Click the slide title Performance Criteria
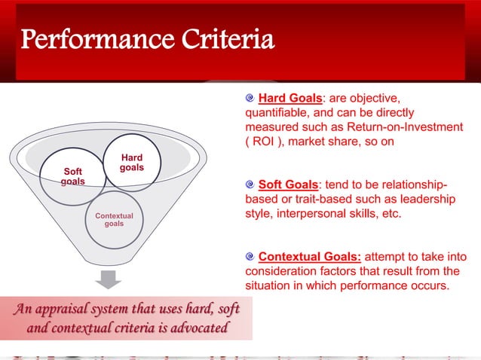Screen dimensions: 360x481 click(x=147, y=40)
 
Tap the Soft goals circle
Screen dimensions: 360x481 click(x=72, y=178)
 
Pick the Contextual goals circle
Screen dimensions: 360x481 click(x=114, y=220)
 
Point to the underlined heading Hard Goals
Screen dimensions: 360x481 click(x=290, y=98)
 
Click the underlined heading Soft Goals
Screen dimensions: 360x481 click(x=287, y=185)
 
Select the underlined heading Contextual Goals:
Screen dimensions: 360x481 click(x=308, y=258)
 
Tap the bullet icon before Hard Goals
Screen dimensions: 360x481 click(x=251, y=98)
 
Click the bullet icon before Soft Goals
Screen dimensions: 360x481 click(x=251, y=185)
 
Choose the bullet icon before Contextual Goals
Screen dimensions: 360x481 click(x=251, y=258)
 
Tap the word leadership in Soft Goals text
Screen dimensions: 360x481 click(x=427, y=200)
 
